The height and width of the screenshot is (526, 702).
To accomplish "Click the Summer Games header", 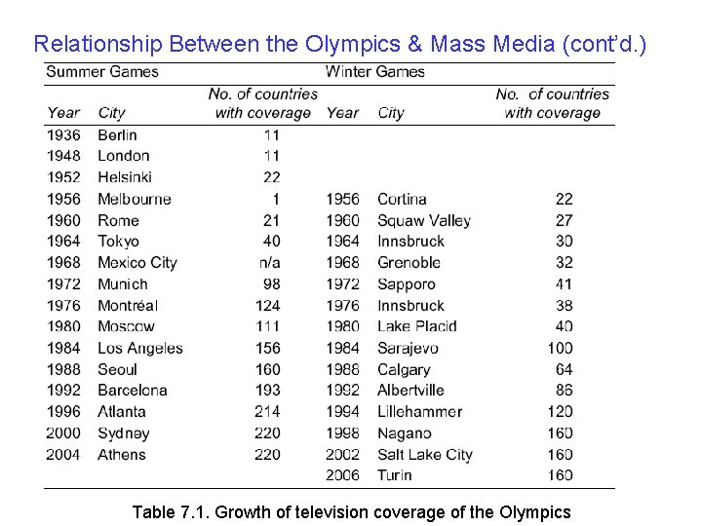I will [102, 72].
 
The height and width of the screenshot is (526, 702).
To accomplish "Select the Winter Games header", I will [375, 72].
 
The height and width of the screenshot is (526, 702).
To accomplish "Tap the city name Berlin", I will [117, 134].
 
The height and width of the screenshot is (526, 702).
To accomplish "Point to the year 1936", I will [64, 134].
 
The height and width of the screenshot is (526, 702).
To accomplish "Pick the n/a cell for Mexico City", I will [267, 262].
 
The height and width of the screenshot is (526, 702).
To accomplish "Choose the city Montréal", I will [129, 305].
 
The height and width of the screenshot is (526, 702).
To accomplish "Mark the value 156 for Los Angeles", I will [266, 348].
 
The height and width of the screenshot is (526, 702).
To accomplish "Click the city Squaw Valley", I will [423, 220].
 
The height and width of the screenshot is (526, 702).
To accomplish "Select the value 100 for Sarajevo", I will [560, 348].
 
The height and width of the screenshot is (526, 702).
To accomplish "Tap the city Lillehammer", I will [419, 411].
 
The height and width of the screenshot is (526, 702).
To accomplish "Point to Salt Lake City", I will [424, 454].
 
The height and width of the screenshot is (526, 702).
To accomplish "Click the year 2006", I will [342, 475].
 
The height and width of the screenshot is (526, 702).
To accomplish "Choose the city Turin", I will [394, 475].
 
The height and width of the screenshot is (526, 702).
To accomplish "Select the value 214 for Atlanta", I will [266, 411].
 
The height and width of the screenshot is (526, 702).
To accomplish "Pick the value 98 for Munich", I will [270, 283].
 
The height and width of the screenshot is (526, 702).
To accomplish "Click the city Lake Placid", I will [416, 326].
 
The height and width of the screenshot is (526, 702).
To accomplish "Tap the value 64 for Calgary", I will [564, 369].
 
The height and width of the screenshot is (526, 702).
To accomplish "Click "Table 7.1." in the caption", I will [169, 511].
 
